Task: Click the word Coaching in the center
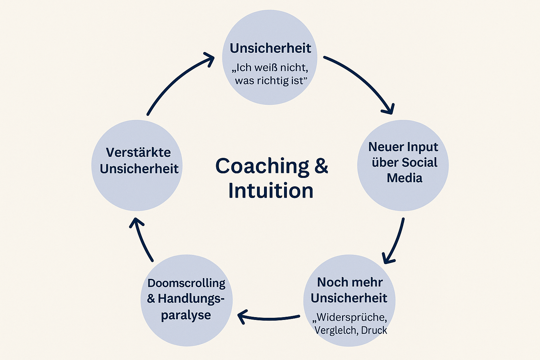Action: point(262,166)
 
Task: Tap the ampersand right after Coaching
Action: point(321,166)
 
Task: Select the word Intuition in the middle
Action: point(271,191)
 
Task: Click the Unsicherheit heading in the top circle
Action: point(270,48)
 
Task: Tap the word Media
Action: point(404,178)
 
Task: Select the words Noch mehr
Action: point(350,282)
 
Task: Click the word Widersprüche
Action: point(351,317)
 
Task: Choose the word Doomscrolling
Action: point(186,283)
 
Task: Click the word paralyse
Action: point(186,315)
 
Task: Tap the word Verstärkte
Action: point(138,153)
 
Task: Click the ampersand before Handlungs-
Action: point(151,299)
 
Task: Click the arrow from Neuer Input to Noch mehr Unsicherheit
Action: point(396,241)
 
